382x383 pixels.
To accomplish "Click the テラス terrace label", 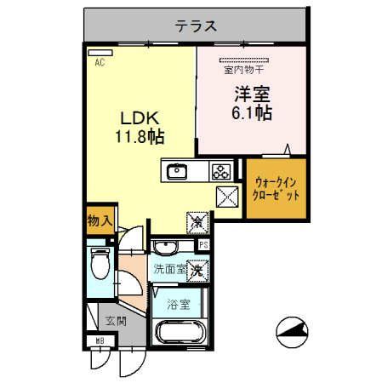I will click(194, 26).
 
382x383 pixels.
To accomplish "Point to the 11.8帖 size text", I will click(140, 135).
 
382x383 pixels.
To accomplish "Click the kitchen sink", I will click(178, 171).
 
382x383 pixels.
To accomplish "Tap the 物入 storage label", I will click(99, 220).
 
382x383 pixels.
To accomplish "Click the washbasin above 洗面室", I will click(165, 248).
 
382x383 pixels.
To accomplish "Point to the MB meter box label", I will click(100, 342).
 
